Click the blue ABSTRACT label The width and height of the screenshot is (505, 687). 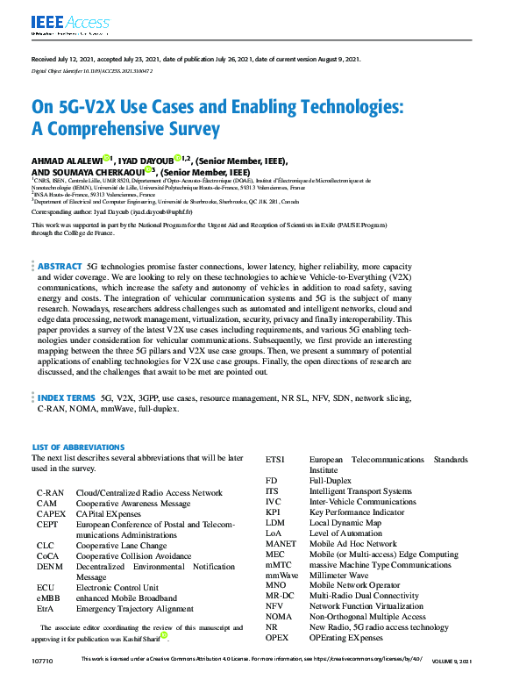click(x=59, y=265)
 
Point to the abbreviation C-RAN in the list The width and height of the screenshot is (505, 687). click(x=49, y=493)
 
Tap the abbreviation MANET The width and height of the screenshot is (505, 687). click(x=281, y=544)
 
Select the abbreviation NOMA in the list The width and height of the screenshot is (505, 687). click(x=280, y=617)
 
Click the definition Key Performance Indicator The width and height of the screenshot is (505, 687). click(x=356, y=512)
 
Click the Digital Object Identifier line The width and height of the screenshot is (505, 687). click(x=92, y=69)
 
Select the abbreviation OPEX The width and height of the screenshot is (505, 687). click(x=278, y=638)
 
